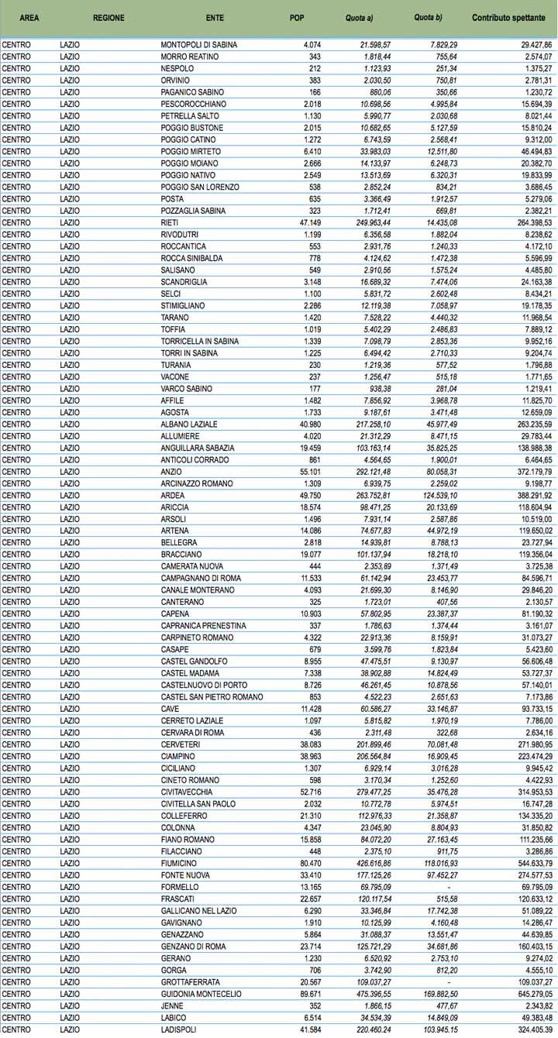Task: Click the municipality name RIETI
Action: point(168,222)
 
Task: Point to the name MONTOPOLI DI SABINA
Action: point(198,45)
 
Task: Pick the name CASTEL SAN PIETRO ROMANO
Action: point(211,697)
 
